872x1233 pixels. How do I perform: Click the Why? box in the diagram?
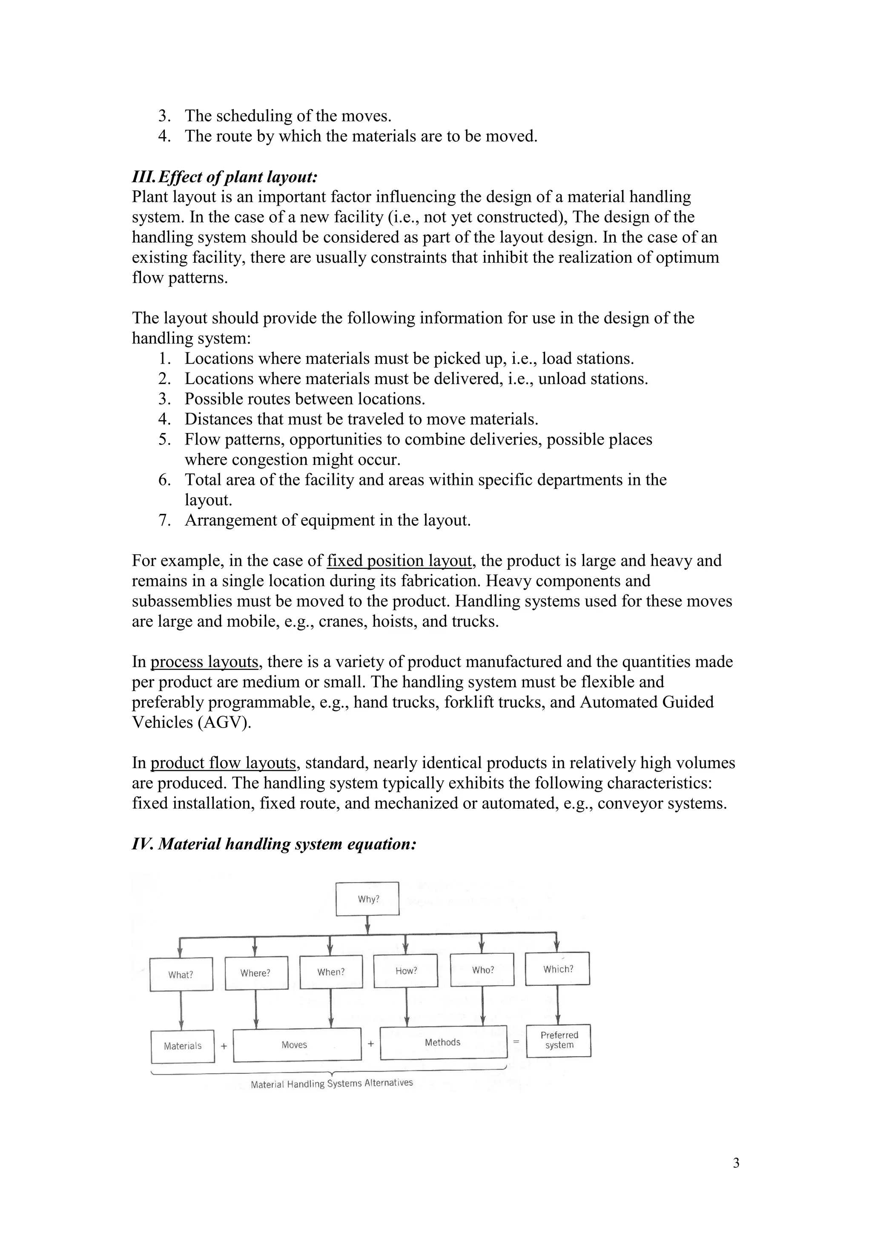[x=368, y=899]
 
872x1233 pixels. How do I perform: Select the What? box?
[x=181, y=975]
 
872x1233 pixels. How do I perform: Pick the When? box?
[x=331, y=972]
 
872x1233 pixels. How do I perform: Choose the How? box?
[x=406, y=971]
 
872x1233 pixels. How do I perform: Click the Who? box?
[x=482, y=970]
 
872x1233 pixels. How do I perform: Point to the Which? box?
[x=557, y=969]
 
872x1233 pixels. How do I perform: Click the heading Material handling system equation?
[x=274, y=844]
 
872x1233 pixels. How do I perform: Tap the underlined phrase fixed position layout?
[x=399, y=561]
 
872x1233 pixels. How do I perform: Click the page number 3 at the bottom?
[x=736, y=1163]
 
